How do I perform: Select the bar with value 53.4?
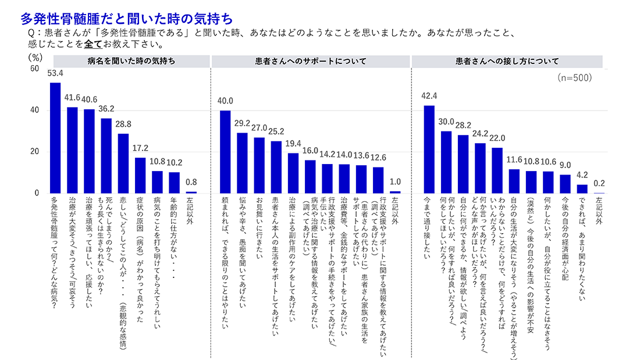(55, 138)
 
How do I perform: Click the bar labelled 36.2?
(106, 156)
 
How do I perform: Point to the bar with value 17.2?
(140, 175)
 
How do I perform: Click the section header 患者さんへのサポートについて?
(310, 60)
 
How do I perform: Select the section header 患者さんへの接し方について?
(507, 60)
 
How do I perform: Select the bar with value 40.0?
(225, 152)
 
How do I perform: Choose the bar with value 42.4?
(429, 149)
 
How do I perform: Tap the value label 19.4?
(293, 144)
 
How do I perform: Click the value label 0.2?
(599, 183)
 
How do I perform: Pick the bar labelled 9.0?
(565, 184)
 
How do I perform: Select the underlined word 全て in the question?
(93, 44)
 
